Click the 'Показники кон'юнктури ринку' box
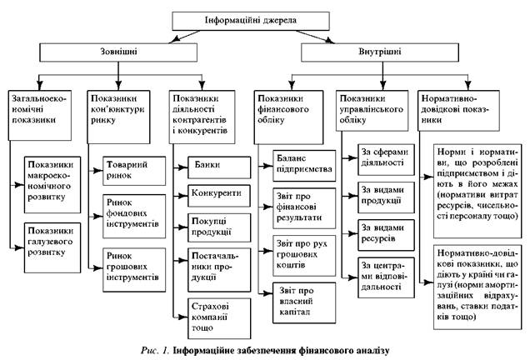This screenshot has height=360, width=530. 125,108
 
